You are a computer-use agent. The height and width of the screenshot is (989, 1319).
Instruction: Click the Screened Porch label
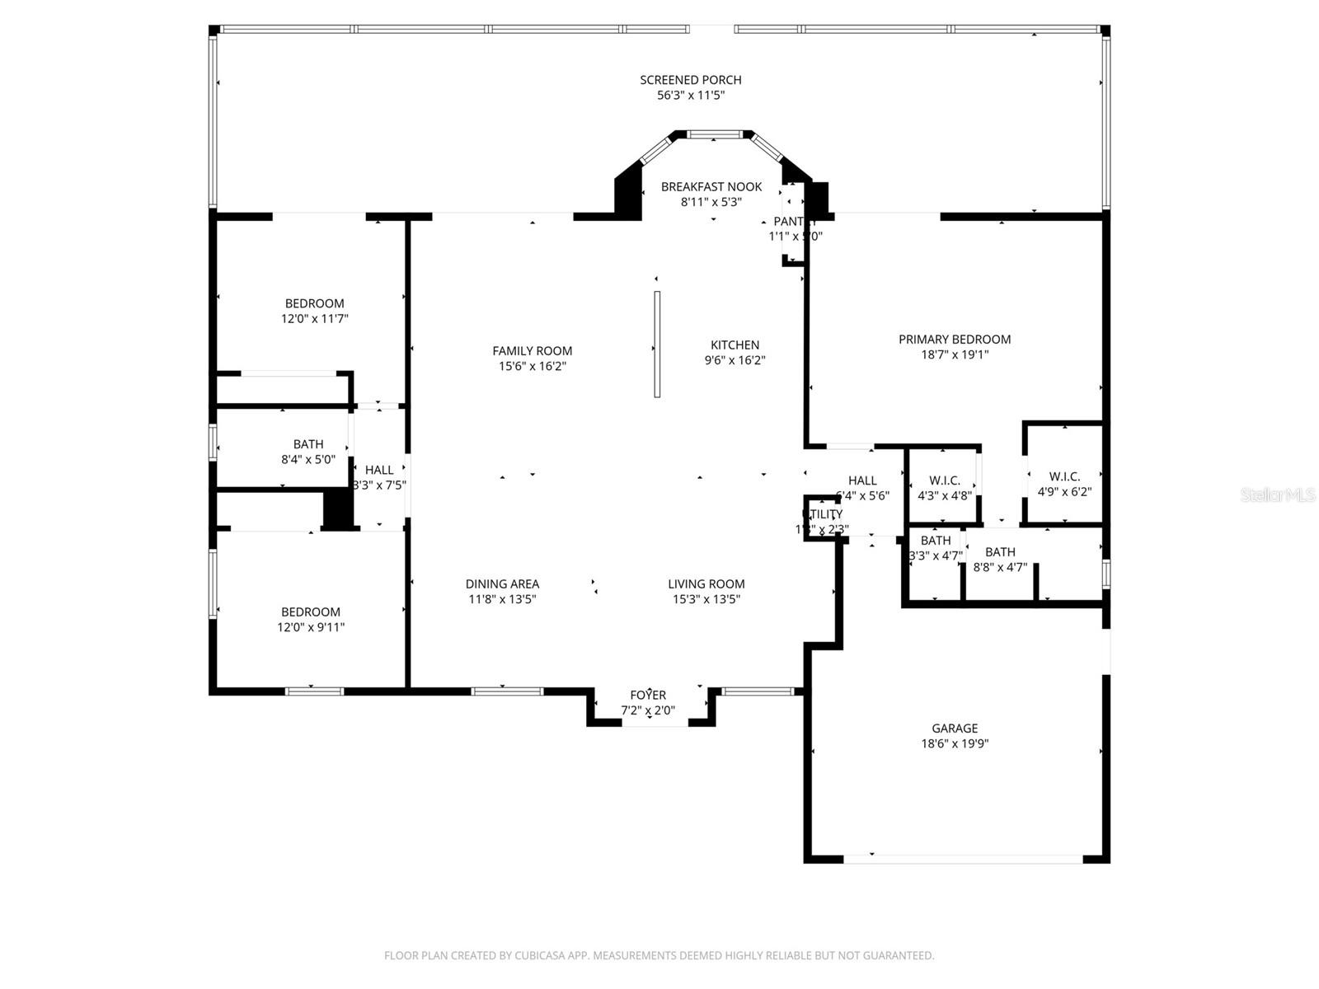pos(690,80)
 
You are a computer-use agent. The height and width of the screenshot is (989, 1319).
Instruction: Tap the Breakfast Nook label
pos(711,187)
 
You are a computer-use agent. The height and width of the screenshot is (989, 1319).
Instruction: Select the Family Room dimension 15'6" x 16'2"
pos(532,366)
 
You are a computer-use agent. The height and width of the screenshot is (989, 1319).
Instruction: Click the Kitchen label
pos(735,345)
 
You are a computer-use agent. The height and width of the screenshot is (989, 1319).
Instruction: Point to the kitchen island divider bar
pos(657,344)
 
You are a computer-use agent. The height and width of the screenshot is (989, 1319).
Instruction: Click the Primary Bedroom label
pos(954,340)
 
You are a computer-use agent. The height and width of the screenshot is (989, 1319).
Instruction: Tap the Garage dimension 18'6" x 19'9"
pos(955,743)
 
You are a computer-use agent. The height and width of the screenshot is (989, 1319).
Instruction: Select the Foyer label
pos(648,695)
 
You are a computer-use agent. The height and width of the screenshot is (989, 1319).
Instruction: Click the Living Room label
pos(706,584)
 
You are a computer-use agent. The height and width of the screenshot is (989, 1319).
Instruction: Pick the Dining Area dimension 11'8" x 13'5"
pos(502,599)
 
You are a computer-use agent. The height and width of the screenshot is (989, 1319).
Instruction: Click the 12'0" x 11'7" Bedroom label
pos(314,303)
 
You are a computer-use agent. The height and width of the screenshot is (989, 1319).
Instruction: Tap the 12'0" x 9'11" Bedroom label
pos(311,612)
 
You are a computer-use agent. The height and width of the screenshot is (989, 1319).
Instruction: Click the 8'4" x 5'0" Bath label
pos(308,444)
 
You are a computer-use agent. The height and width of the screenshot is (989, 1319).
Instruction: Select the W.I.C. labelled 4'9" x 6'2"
pos(1064,476)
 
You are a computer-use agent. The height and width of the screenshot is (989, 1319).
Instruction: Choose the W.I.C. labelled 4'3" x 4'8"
pos(944,480)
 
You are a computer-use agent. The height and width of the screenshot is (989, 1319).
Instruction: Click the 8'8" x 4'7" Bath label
pos(1000,552)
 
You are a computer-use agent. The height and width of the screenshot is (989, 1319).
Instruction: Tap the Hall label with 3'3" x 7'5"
pos(379,471)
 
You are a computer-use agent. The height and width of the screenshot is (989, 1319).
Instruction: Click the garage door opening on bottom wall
pos(963,859)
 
